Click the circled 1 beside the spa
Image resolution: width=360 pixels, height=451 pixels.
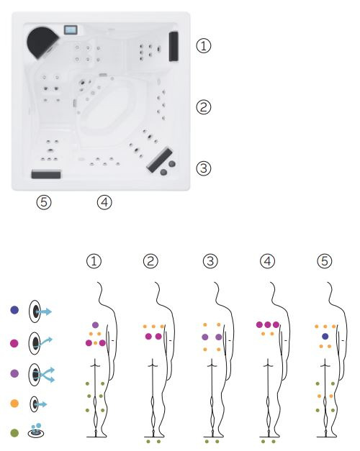pyautogui.click(x=203, y=46)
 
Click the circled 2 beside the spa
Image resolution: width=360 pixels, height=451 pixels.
pyautogui.click(x=203, y=107)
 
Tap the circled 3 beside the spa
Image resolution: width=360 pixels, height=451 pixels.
pyautogui.click(x=203, y=168)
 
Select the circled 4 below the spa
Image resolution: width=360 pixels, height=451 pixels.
pyautogui.click(x=104, y=202)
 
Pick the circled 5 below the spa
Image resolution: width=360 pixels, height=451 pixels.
pyautogui.click(x=44, y=202)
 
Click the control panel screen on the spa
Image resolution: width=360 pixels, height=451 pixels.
pyautogui.click(x=71, y=29)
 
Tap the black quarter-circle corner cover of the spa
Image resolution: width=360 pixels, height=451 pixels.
pyautogui.click(x=42, y=42)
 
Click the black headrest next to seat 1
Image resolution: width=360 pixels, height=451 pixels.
pyautogui.click(x=174, y=46)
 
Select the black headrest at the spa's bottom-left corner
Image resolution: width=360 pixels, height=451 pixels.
pyautogui.click(x=46, y=174)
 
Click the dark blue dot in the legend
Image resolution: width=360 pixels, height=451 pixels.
pyautogui.click(x=14, y=310)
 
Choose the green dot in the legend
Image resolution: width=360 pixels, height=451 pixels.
pyautogui.click(x=14, y=433)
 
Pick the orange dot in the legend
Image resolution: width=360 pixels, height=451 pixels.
pyautogui.click(x=14, y=404)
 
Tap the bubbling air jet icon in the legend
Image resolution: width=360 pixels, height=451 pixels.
pyautogui.click(x=36, y=430)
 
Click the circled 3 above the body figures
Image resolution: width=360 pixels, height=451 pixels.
pyautogui.click(x=210, y=261)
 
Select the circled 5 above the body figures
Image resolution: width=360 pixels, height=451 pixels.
pyautogui.click(x=325, y=261)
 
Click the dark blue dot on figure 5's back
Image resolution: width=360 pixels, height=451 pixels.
pyautogui.click(x=325, y=336)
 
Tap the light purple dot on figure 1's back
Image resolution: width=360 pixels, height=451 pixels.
pyautogui.click(x=95, y=325)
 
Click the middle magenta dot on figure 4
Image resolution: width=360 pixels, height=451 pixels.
pyautogui.click(x=268, y=325)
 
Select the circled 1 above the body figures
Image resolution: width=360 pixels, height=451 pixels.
pyautogui.click(x=94, y=261)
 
